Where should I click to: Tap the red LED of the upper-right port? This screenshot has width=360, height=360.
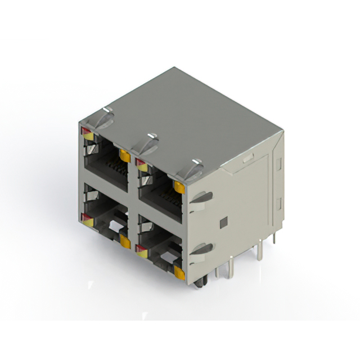[x=141, y=163]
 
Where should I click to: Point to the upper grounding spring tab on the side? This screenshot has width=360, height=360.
[x=202, y=197]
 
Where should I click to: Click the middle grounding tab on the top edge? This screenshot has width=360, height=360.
[x=148, y=144]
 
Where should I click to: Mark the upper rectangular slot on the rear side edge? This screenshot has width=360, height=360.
[x=278, y=164]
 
